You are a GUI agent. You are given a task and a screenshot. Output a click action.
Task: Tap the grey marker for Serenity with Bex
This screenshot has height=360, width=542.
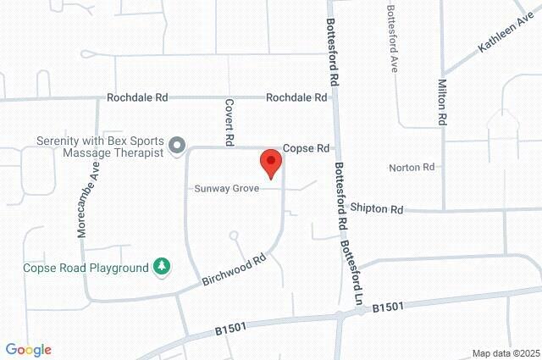tap(177, 147)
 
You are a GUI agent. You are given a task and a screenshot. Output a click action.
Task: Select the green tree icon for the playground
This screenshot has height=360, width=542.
tap(160, 268)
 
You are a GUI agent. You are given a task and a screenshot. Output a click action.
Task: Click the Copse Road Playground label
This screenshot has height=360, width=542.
tap(86, 269)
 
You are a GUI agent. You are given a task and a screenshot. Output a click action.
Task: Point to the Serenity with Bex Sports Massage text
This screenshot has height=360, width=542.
tap(99, 147)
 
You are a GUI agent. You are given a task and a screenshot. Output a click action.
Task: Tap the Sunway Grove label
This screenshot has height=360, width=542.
tap(226, 188)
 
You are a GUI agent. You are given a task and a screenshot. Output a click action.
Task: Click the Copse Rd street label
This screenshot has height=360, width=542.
tap(306, 147)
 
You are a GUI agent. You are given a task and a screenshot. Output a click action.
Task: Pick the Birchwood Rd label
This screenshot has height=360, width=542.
tap(235, 271)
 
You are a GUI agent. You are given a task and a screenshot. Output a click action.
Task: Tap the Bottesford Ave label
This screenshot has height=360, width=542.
tap(391, 39)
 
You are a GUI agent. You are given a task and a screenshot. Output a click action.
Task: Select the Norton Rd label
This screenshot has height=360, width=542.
tap(412, 167)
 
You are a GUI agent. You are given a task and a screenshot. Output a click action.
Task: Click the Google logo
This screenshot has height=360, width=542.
tap(28, 349)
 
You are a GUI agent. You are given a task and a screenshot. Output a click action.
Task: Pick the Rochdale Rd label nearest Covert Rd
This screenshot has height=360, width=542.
tap(296, 97)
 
